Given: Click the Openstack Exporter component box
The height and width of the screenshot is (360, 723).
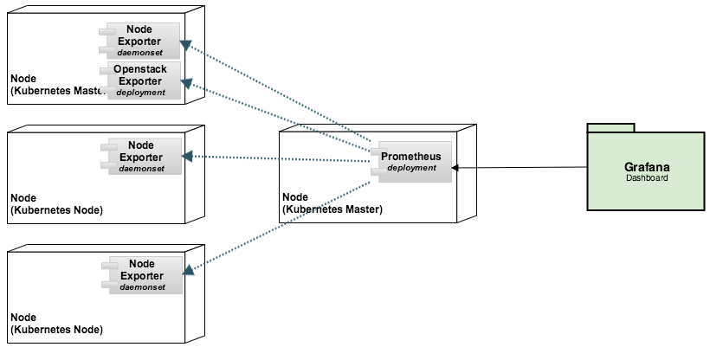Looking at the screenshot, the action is [x=144, y=80].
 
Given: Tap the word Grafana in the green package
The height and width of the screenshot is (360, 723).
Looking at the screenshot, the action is [x=647, y=167].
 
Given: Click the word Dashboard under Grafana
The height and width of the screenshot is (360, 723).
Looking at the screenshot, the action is [x=647, y=178].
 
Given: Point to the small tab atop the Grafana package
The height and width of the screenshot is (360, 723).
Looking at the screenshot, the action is [x=611, y=128].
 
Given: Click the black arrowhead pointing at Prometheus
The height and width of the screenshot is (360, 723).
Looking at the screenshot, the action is [x=455, y=168].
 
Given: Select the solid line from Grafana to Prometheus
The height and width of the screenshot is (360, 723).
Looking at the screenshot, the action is [x=520, y=167].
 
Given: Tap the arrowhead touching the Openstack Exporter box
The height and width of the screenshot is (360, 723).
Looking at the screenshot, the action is [x=186, y=83].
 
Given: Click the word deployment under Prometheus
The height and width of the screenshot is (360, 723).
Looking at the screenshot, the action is [x=411, y=168].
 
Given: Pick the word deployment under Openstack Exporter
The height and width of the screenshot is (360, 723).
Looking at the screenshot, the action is [x=140, y=93].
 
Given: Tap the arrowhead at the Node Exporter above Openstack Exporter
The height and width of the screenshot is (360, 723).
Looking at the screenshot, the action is [x=185, y=45].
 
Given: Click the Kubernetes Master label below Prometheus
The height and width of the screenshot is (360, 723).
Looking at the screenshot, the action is [x=332, y=209].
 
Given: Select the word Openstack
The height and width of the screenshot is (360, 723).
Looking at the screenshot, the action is [x=140, y=69].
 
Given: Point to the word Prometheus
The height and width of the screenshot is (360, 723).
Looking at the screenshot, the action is [x=410, y=157].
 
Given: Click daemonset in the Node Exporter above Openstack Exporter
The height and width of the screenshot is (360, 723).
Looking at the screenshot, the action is [x=139, y=53].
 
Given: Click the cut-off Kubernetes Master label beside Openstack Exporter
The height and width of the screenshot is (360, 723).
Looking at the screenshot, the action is [x=59, y=91].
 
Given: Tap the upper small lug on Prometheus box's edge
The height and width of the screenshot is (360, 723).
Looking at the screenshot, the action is [x=379, y=151].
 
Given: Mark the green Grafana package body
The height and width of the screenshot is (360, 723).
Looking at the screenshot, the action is [x=646, y=171].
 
